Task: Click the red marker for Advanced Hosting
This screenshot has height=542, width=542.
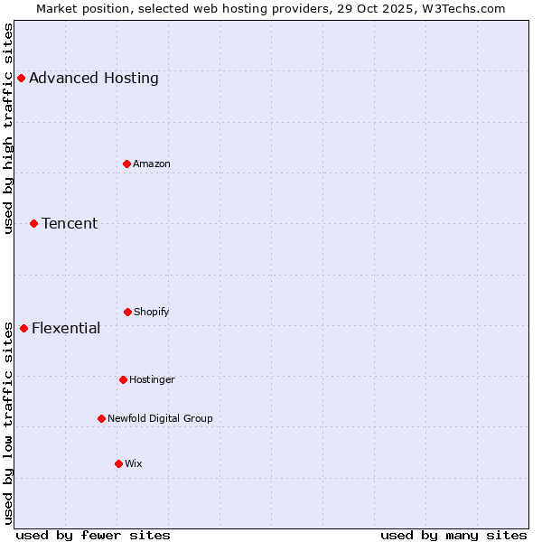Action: [x=21, y=78]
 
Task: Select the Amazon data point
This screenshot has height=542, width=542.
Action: [x=127, y=164]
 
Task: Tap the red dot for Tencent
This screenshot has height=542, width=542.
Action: [x=33, y=223]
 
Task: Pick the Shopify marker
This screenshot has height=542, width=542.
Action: [x=127, y=312]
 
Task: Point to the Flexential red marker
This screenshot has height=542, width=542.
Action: [x=23, y=328]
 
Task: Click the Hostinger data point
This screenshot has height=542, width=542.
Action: [x=123, y=379]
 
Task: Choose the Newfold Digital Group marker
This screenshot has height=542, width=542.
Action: [x=101, y=418]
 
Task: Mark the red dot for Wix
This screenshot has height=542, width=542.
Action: [x=118, y=463]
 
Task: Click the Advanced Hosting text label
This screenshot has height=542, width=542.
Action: [x=94, y=78]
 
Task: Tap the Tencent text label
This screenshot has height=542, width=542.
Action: [x=70, y=223]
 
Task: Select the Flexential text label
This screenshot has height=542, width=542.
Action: [x=66, y=328]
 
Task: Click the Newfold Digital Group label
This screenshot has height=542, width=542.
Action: [x=160, y=418]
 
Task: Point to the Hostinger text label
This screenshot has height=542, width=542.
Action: [x=152, y=379]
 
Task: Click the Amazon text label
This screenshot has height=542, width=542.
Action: [x=152, y=164]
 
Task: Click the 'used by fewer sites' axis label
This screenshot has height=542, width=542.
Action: [x=93, y=535]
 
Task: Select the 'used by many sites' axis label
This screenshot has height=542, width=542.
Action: [x=453, y=535]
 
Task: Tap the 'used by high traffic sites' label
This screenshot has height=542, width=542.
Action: [x=9, y=128]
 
